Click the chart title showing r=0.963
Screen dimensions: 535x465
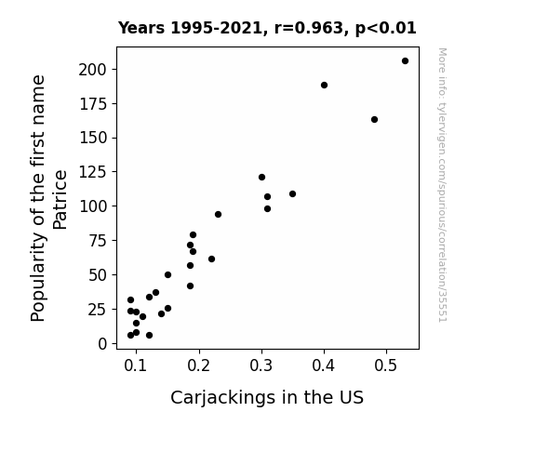pos(267,28)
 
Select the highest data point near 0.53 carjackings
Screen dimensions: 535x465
pos(405,61)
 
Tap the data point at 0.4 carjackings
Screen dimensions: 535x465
pos(324,85)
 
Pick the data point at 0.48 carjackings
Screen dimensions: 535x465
pos(374,119)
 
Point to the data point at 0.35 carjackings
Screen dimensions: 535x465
pos(292,193)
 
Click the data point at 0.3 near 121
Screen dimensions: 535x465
pos(261,177)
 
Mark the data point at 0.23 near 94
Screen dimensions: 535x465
pos(218,214)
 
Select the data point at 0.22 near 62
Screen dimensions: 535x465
pos(211,259)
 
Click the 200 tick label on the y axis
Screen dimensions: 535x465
pos(93,70)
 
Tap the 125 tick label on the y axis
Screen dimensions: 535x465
pos(93,172)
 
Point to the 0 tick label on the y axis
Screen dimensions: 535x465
pos(102,344)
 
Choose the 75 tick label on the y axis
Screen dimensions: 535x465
pos(98,241)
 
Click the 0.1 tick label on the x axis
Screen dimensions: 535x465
pos(136,365)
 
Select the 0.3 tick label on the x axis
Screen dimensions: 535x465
pos(261,365)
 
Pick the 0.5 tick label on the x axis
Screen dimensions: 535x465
pos(386,365)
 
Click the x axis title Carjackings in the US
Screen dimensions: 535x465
pos(267,397)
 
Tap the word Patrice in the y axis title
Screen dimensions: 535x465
pos(60,200)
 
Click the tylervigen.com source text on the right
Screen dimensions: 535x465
pos(442,184)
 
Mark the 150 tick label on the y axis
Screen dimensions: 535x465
pos(93,138)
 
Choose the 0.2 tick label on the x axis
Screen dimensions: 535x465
pos(198,365)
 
